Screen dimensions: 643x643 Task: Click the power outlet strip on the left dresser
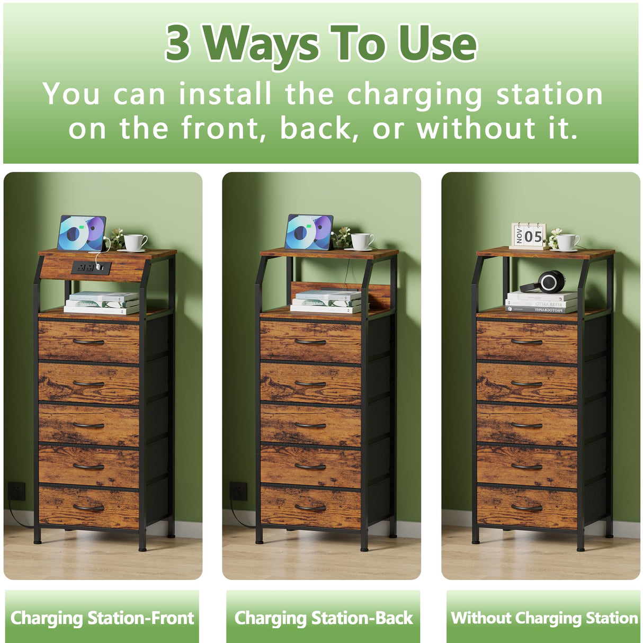[x=91, y=267]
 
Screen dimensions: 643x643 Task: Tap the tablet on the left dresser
[x=82, y=233]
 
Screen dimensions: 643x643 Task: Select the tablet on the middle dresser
[x=309, y=232]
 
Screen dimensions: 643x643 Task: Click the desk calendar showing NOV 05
[x=528, y=236]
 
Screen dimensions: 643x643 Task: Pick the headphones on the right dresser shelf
[x=546, y=281]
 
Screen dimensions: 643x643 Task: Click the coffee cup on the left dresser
[x=135, y=243]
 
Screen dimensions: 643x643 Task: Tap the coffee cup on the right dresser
[x=567, y=242]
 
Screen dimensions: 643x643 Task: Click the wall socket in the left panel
[x=16, y=491]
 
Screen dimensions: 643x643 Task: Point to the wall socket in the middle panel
[x=238, y=491]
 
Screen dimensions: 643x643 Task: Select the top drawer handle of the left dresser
[x=88, y=342]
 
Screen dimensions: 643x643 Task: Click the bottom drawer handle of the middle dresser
[x=310, y=508]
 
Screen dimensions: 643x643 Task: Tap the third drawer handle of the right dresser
[x=526, y=425]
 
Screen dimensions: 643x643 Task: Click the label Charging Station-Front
[x=102, y=618]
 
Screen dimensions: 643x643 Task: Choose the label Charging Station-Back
[x=323, y=618]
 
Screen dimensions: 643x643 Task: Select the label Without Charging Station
[x=544, y=618]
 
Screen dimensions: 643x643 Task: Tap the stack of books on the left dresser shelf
[x=102, y=302]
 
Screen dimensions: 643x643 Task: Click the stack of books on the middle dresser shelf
[x=326, y=301]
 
